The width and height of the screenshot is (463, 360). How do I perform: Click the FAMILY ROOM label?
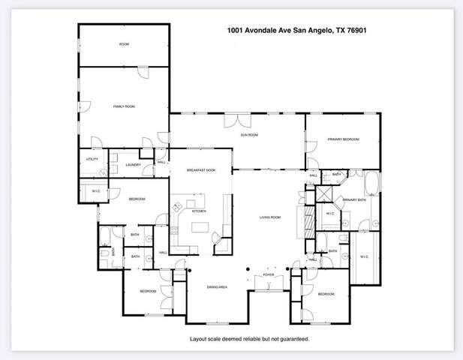[x=123, y=107]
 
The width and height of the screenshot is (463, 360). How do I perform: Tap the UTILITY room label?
[x=92, y=159]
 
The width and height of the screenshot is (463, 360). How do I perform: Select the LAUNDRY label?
[x=134, y=165]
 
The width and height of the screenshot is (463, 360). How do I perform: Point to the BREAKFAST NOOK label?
[x=201, y=171]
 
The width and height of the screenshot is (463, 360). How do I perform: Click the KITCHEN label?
[x=199, y=211]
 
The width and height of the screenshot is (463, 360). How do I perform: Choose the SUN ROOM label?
[x=249, y=135]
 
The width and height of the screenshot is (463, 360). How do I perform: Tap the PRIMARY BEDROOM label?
[x=343, y=139]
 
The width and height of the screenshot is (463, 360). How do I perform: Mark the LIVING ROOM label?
[x=269, y=217]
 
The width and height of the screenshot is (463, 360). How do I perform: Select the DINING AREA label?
[x=217, y=287]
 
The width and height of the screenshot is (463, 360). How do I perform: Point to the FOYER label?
[x=268, y=275]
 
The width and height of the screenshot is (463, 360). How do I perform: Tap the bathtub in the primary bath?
[x=372, y=182]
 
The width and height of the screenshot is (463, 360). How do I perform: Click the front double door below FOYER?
[x=268, y=283]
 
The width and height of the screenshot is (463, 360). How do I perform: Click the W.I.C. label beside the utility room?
[x=96, y=191]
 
